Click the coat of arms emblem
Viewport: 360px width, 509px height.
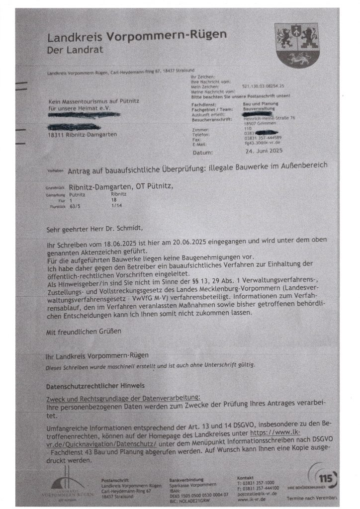pyautogui.click(x=297, y=45)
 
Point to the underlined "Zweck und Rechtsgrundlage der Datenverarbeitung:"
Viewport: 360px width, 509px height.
pyautogui.click(x=123, y=398)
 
